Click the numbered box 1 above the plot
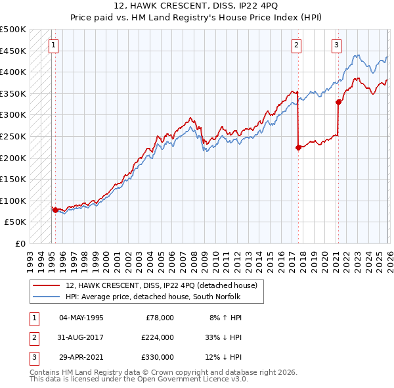click(53, 45)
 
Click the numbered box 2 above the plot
click(297, 45)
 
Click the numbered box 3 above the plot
click(336, 45)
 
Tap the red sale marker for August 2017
click(298, 147)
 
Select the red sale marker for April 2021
click(338, 102)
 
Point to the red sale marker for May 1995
click(55, 210)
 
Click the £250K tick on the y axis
click(13, 136)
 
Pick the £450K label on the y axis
click(13, 51)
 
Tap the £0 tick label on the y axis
click(20, 244)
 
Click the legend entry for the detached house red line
click(165, 285)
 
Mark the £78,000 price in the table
click(158, 317)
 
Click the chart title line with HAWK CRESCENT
click(196, 6)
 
